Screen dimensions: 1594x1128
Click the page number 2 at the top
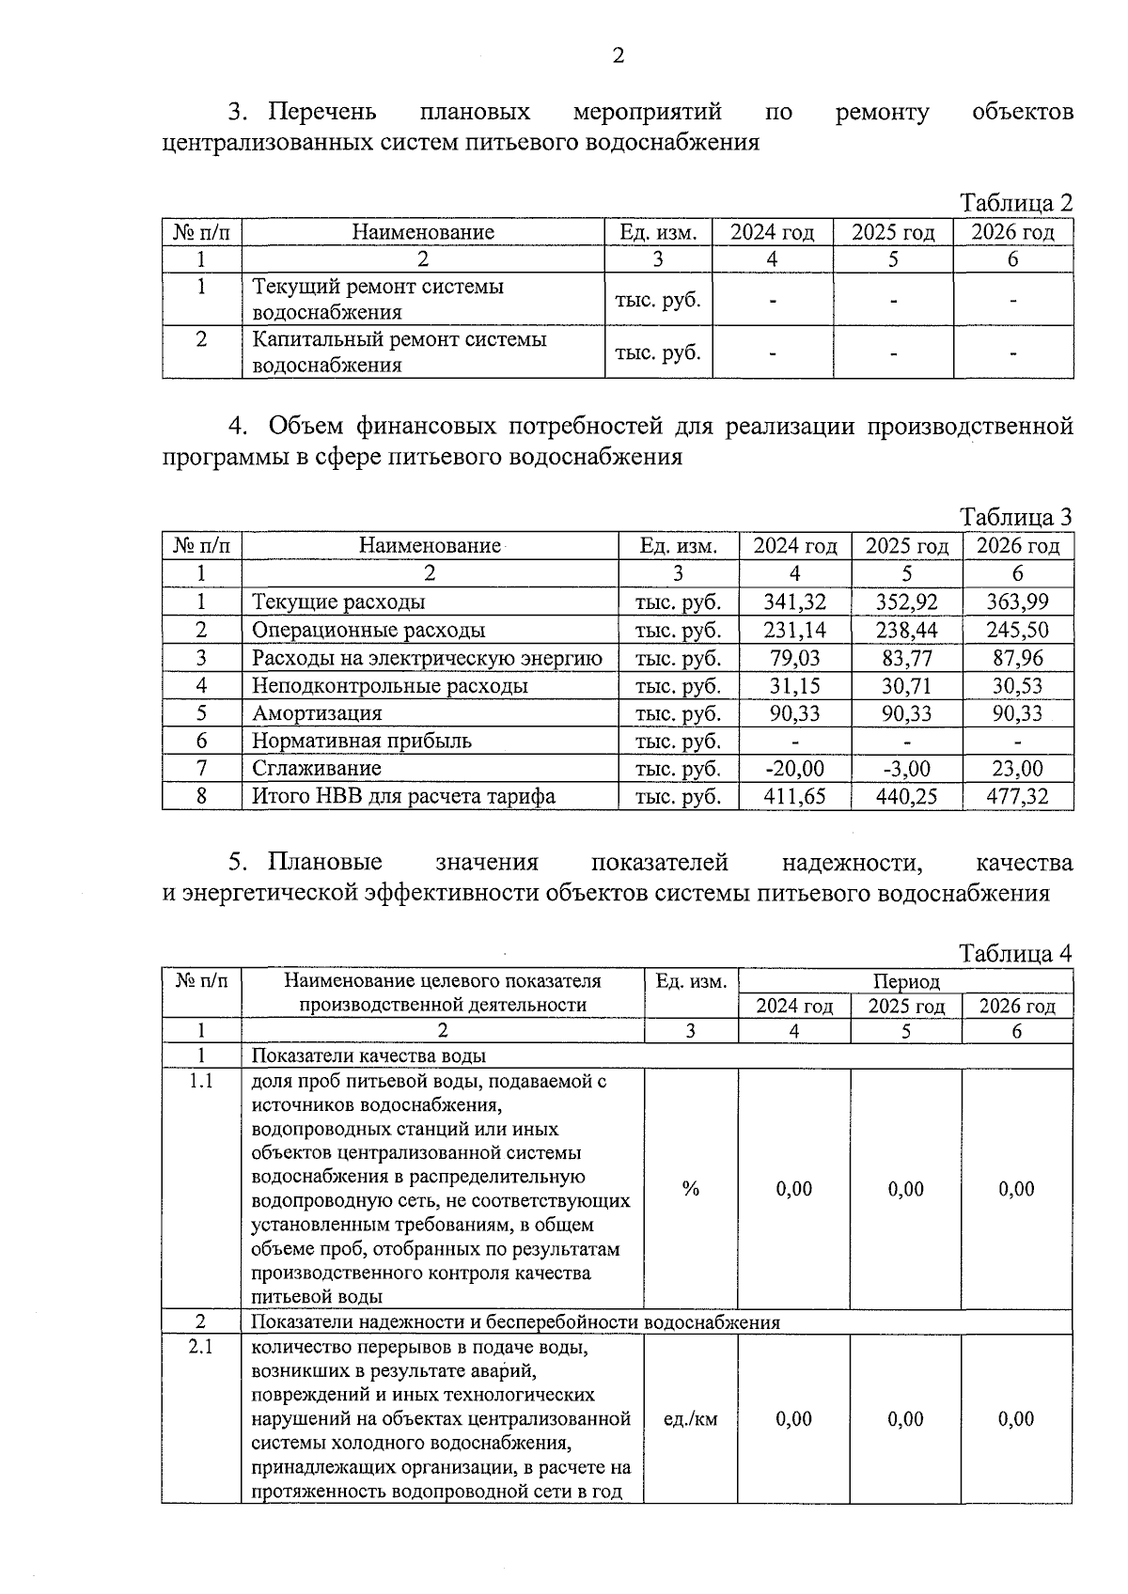(x=618, y=56)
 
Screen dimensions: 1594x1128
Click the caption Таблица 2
(x=1015, y=203)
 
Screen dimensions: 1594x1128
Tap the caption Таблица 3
(x=1015, y=517)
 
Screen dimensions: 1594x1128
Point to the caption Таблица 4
(x=1015, y=953)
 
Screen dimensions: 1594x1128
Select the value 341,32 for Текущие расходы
(x=794, y=602)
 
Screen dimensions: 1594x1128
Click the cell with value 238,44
(x=906, y=630)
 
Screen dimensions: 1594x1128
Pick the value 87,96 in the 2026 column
(x=1018, y=658)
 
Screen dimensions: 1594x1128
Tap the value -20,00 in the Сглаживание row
(x=794, y=768)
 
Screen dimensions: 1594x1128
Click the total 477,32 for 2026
(x=1018, y=796)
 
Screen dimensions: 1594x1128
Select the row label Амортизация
(x=317, y=713)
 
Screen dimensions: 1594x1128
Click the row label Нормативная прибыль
(x=361, y=741)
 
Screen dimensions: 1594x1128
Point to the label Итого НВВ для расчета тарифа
(x=403, y=796)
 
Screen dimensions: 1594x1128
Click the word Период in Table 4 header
(x=905, y=981)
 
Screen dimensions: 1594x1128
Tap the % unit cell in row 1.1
(x=691, y=1189)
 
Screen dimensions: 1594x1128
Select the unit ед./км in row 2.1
(x=690, y=1419)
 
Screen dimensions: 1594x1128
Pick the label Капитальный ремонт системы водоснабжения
(x=399, y=352)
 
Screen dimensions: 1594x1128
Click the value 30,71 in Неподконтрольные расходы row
(x=906, y=686)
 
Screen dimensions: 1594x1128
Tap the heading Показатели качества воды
(x=368, y=1055)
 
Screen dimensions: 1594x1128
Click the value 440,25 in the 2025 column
(x=906, y=796)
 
